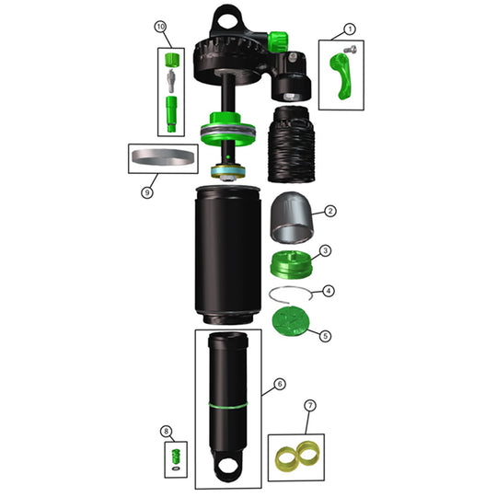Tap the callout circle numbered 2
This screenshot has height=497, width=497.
[330, 211]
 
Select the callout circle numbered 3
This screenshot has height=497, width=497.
[325, 250]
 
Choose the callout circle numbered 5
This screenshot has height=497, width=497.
[325, 336]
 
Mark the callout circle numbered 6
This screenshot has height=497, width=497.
[280, 383]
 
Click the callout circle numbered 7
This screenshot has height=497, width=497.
[310, 406]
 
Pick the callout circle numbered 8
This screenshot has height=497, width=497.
[166, 431]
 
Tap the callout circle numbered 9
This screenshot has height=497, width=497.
[146, 192]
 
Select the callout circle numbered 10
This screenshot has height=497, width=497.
[161, 28]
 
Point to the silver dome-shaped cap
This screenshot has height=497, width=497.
[295, 221]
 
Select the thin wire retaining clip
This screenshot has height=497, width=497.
[293, 295]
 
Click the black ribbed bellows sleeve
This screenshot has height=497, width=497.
[290, 146]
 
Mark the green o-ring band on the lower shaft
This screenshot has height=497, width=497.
[227, 402]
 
